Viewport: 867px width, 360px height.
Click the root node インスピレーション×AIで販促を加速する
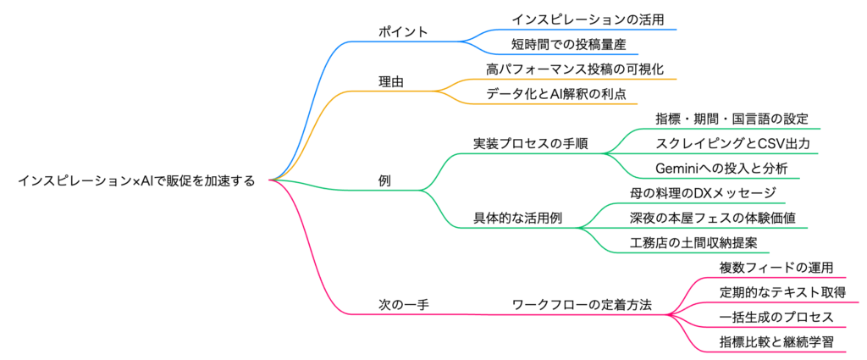coord(135,180)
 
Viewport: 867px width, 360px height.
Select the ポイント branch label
coord(402,32)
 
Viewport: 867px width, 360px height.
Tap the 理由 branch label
coord(390,82)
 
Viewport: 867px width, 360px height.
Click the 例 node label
coord(384,180)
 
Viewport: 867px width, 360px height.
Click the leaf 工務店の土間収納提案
coord(697,242)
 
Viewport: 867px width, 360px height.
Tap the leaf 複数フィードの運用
coord(765,268)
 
